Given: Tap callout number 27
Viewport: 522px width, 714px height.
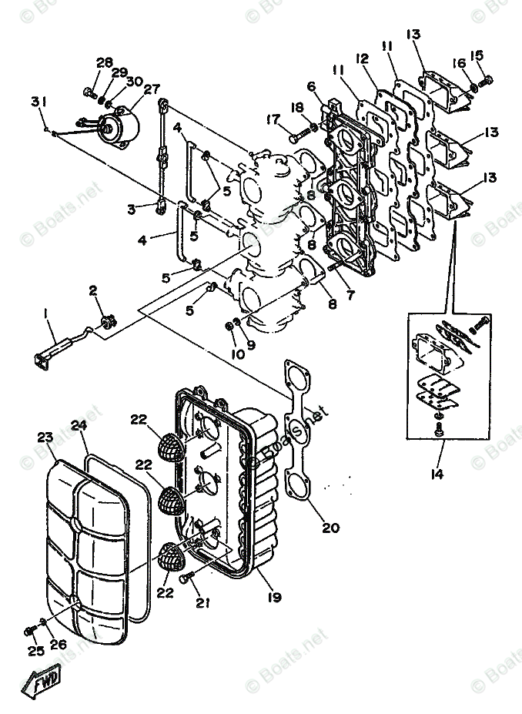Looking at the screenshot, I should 151,88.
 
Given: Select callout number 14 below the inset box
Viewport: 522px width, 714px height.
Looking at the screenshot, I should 437,474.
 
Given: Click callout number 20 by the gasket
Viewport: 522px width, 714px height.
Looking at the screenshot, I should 330,528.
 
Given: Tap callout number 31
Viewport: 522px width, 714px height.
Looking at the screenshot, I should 37,102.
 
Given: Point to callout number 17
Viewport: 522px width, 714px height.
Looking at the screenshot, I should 273,119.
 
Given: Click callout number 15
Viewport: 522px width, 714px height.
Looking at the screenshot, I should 477,55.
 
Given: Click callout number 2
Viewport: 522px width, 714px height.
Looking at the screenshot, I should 93,290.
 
